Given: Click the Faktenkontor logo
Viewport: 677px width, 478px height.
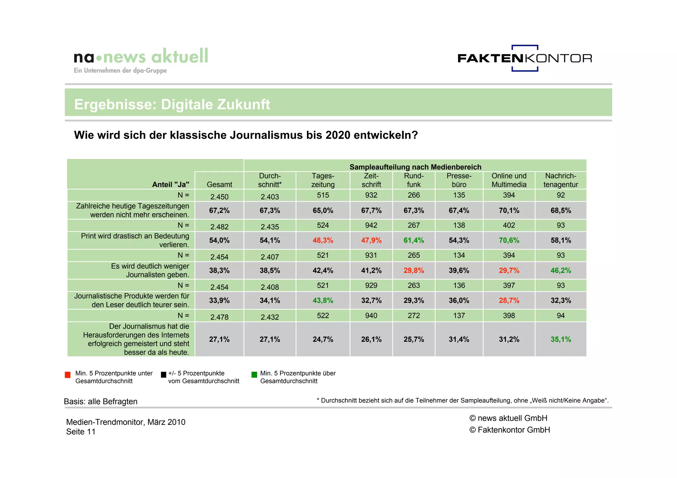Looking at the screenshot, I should pos(525,58).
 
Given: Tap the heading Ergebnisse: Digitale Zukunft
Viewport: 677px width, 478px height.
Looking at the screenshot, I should pos(172,104).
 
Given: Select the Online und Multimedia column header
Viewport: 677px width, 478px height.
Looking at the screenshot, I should pos(509,180).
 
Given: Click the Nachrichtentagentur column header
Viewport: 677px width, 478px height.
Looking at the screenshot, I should pos(560,180).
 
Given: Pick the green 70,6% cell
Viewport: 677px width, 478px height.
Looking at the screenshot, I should pos(509,240).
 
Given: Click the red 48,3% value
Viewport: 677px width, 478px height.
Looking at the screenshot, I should pos(323,240).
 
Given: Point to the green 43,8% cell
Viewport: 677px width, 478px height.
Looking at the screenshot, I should pos(323,301).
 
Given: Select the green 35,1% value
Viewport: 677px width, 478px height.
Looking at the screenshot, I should pos(560,340).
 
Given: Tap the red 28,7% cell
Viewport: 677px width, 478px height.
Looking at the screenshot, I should pos(509,301).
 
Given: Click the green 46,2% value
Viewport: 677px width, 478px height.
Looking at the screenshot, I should pos(560,271).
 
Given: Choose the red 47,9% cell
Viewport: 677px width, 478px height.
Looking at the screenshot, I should pos(371,240).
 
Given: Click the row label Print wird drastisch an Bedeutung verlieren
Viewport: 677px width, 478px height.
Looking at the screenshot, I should pos(135,240).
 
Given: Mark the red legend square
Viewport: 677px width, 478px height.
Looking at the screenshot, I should pos(68,375).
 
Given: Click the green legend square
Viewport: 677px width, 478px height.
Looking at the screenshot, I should pos(254,375).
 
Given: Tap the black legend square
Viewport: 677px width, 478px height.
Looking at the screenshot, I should pos(163,375).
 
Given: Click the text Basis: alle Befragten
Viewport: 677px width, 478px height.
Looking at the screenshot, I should pos(100,402).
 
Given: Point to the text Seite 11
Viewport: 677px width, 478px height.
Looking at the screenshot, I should pos(81,432).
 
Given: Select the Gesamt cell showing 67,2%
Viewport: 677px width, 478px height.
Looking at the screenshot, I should pos(219,211).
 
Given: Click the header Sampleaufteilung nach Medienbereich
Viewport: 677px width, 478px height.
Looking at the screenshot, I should pos(415,167).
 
